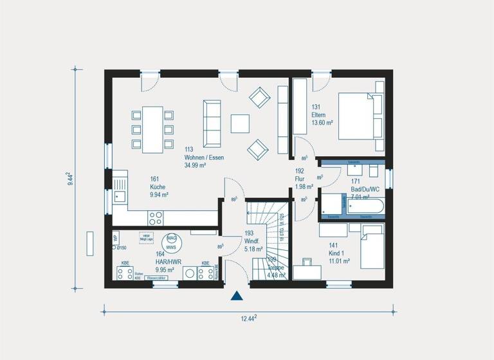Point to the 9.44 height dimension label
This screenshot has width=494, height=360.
pyautogui.click(x=69, y=178)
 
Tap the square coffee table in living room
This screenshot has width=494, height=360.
pyautogui.click(x=241, y=123)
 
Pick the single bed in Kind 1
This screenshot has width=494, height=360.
pyautogui.click(x=371, y=251)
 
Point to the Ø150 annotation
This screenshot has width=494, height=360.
pyautogui.click(x=121, y=248)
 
